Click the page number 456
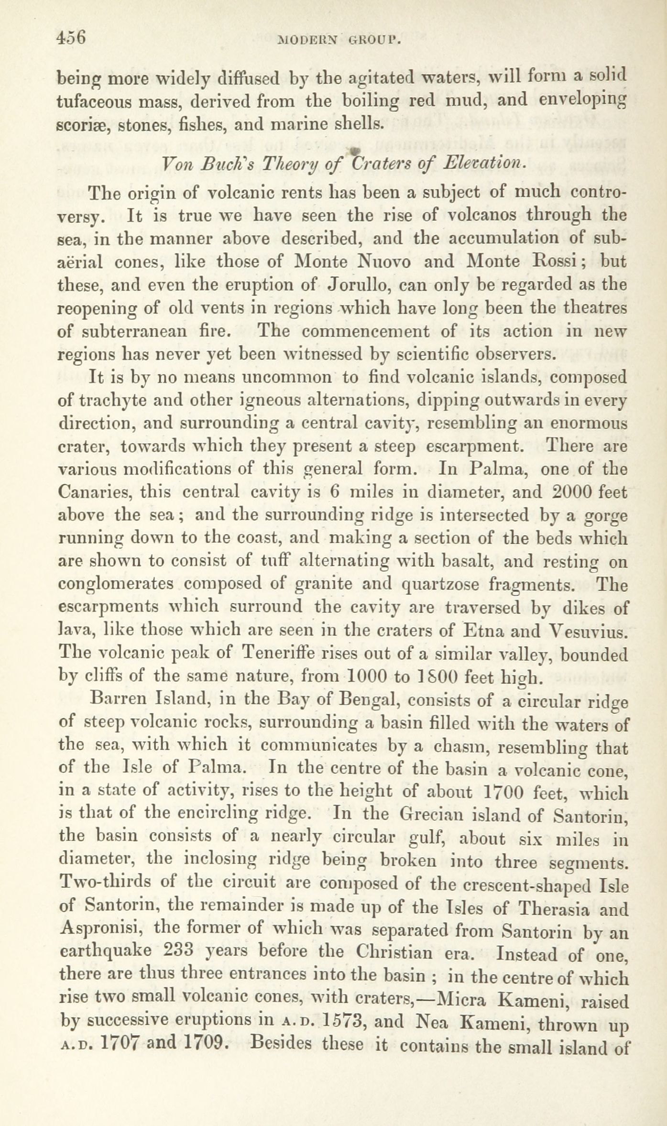tap(71, 38)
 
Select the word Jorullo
tap(359, 285)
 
